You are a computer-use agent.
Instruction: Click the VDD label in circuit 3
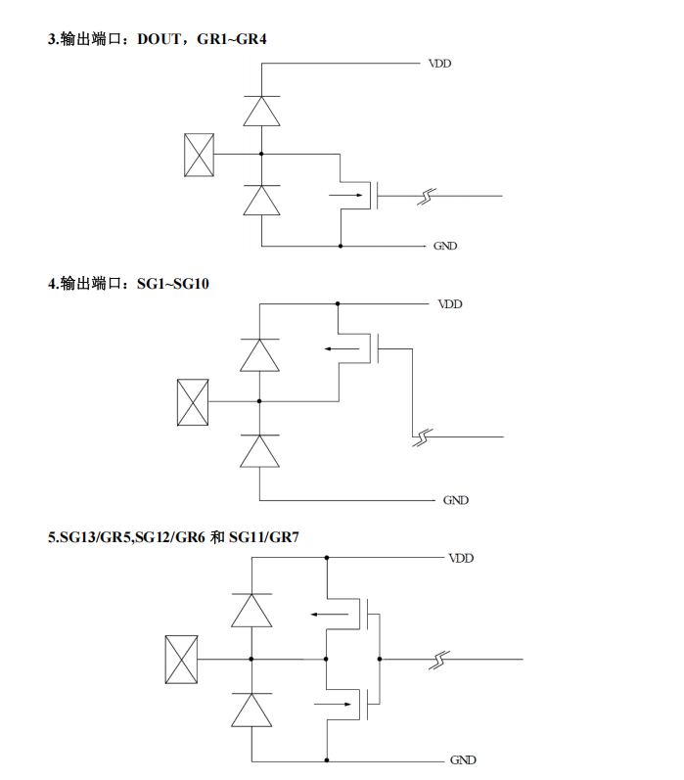point(439,64)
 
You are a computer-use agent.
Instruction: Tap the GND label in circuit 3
point(445,246)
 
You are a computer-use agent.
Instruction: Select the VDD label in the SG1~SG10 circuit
point(449,304)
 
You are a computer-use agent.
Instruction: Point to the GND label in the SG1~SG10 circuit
point(456,500)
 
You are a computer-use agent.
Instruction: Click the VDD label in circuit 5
point(461,558)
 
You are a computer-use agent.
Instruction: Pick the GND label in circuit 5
point(463,759)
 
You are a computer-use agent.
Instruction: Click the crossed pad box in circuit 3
point(199,155)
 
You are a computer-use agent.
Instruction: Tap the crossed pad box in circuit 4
point(192,402)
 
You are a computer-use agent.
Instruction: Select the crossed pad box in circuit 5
point(182,659)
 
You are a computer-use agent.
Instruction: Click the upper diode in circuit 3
point(261,110)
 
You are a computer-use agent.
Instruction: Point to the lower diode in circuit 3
point(261,200)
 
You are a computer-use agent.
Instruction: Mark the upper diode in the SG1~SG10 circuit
point(259,354)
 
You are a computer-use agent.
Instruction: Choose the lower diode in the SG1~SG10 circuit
point(259,451)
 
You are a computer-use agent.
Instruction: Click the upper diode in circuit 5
point(251,610)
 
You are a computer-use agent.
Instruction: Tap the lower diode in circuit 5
point(251,709)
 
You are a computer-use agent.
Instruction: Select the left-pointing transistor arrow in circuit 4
point(342,347)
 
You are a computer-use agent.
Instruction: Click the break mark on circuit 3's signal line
point(425,196)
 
